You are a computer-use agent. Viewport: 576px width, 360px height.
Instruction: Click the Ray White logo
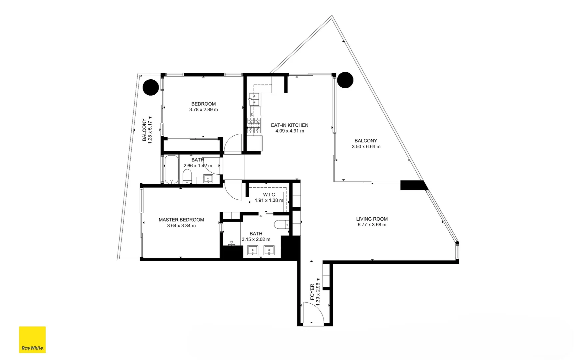32,339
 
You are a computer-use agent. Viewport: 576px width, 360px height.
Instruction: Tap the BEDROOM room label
204,104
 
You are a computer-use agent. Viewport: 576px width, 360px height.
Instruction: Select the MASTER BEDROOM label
181,220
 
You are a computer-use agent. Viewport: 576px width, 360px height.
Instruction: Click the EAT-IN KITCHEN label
289,125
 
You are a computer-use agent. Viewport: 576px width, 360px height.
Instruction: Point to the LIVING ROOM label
372,219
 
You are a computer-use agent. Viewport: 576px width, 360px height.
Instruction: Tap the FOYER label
312,292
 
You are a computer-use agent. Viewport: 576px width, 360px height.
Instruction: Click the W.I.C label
269,195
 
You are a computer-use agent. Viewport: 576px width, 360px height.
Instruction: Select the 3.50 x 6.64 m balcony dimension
366,147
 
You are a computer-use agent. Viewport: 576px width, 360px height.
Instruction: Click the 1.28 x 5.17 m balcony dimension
150,130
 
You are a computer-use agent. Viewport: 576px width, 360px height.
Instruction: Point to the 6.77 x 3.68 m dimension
372,225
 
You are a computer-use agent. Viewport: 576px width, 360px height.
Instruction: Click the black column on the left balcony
151,87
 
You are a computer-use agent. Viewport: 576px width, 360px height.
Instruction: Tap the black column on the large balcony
345,80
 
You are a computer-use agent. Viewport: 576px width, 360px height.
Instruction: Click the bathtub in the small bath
172,169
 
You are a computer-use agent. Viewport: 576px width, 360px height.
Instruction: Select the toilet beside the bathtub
187,177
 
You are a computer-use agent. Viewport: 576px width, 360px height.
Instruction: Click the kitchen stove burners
254,126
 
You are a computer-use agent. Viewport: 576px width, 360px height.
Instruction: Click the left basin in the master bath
253,250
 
